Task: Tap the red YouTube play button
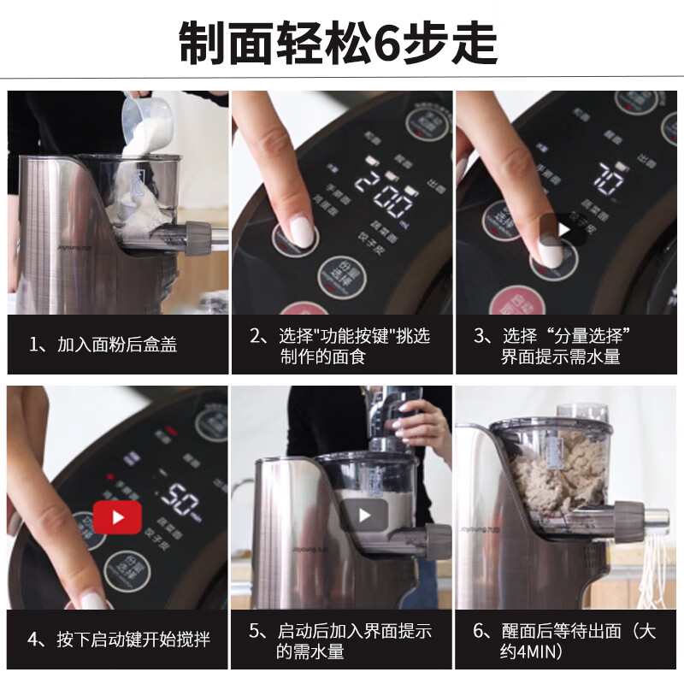[x=116, y=516]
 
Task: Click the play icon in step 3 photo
[x=563, y=229]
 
